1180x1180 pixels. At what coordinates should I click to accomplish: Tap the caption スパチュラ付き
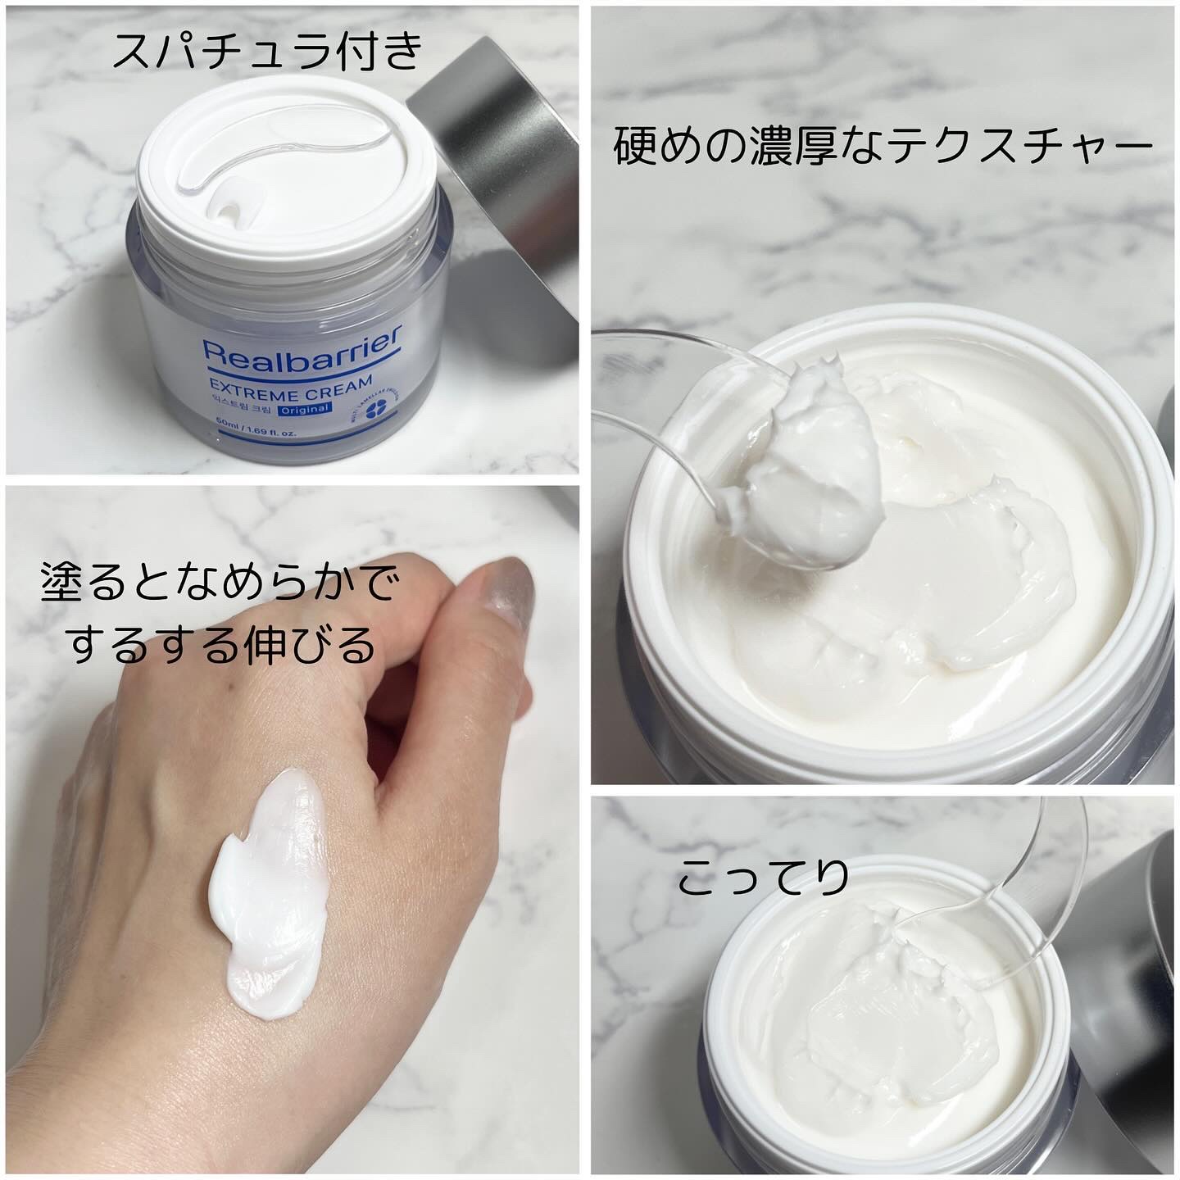[x=268, y=52]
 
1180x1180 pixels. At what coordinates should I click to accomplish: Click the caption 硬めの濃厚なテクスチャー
[x=883, y=148]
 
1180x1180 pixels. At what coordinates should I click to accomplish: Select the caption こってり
[x=764, y=878]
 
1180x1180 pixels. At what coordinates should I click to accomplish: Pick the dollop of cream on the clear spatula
[x=808, y=474]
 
